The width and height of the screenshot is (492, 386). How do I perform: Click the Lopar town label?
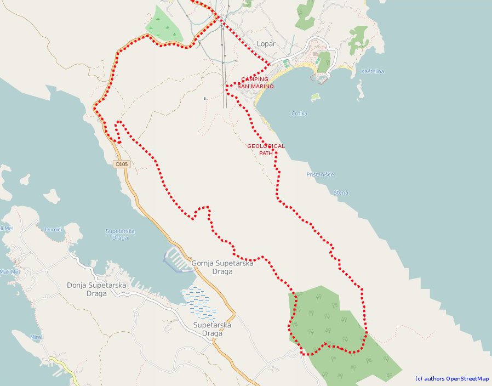(266, 44)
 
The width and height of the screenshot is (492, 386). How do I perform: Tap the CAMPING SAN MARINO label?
(255, 83)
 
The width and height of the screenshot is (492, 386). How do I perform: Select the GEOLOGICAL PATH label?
(266, 150)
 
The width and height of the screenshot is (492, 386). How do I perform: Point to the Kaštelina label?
(373, 72)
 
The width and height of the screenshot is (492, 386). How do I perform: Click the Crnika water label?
(299, 113)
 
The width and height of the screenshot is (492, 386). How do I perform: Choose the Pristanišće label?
(320, 174)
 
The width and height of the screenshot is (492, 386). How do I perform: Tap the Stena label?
(341, 192)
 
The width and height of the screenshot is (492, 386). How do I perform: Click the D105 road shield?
(121, 164)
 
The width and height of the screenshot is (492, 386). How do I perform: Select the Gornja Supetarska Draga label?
(222, 267)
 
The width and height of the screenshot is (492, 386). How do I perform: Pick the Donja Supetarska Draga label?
(96, 289)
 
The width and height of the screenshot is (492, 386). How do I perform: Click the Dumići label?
(53, 229)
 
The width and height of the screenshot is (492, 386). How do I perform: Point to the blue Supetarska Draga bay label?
(120, 234)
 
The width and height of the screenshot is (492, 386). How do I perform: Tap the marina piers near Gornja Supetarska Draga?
(176, 258)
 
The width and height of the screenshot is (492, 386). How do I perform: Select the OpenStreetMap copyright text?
(451, 378)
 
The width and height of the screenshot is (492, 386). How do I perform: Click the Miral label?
(36, 337)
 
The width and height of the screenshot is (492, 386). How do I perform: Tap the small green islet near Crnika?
(315, 97)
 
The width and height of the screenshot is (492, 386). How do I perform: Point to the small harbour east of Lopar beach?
(320, 78)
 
